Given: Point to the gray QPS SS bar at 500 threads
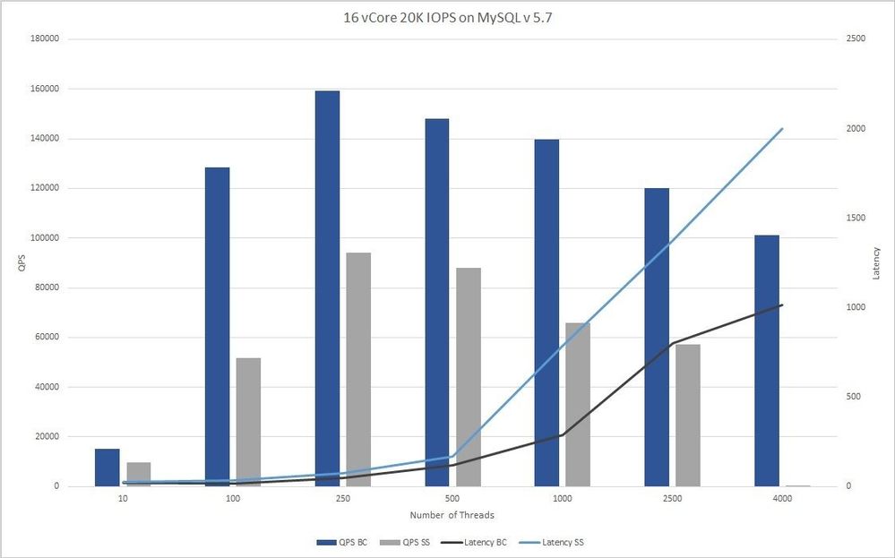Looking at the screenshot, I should [469, 376].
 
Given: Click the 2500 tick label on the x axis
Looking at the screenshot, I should [672, 498].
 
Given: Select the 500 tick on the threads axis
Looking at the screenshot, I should [452, 498].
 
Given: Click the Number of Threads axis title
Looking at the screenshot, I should [452, 515].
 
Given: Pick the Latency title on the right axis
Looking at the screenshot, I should [877, 262].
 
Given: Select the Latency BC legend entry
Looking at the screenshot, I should [484, 543].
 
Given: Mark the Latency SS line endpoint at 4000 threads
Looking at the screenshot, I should [782, 129].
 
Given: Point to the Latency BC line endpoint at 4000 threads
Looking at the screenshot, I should [782, 305].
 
